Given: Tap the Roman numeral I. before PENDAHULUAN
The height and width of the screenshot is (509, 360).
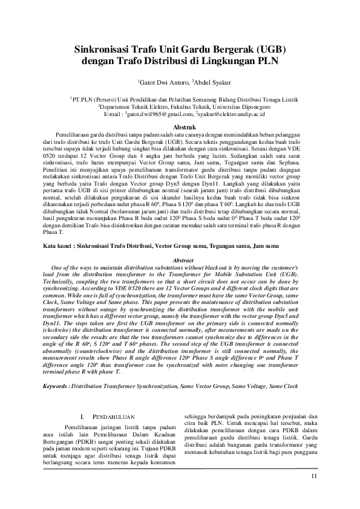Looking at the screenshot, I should tap(83, 417).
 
